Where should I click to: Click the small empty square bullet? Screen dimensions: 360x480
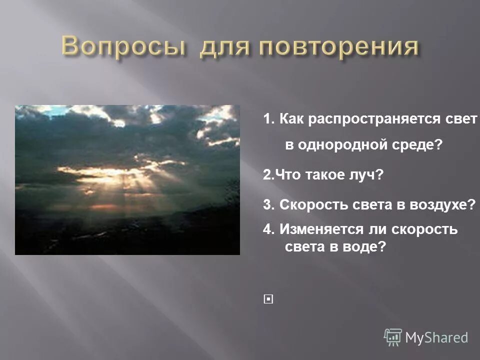[269, 299]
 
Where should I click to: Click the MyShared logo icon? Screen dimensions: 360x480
[393, 337]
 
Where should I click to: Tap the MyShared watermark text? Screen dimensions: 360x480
[436, 338]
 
